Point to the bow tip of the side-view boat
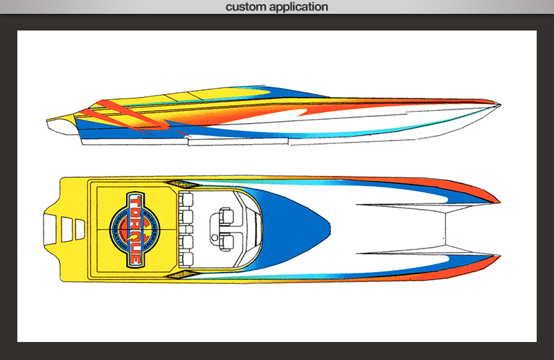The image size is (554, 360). pyautogui.click(x=498, y=105)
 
